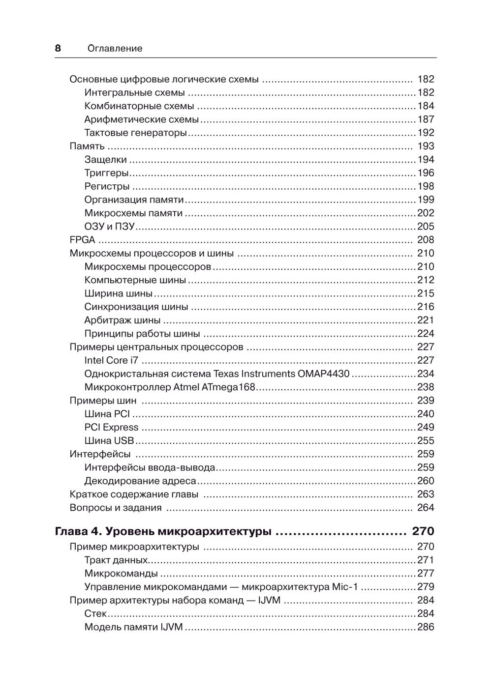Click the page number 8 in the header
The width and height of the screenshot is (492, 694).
(x=58, y=48)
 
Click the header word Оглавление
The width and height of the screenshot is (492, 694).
(x=115, y=48)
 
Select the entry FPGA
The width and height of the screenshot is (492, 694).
(x=82, y=240)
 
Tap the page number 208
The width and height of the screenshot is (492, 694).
(x=426, y=240)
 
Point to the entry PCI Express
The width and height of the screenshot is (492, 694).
(x=111, y=427)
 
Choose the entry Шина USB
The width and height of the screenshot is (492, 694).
(x=109, y=440)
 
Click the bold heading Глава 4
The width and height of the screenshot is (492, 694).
(x=78, y=531)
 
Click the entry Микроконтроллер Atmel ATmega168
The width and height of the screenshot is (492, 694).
(x=170, y=387)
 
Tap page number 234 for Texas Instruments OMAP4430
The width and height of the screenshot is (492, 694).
(x=426, y=374)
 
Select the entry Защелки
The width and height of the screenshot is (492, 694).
(x=105, y=159)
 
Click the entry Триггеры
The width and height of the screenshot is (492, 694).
(x=106, y=173)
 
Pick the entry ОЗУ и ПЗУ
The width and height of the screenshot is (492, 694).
(x=110, y=227)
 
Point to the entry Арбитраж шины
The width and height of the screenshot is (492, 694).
(x=122, y=320)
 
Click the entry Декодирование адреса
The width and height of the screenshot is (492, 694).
(x=140, y=481)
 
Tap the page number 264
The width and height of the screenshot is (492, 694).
(x=426, y=507)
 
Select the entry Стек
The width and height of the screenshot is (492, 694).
(x=95, y=613)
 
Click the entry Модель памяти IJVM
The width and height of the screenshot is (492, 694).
(x=133, y=627)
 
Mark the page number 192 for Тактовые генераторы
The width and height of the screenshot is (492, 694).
(x=426, y=133)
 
